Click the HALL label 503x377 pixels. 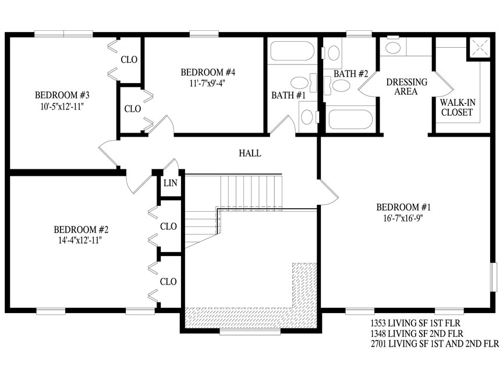[x=250, y=153]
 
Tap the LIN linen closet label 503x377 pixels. [x=171, y=183]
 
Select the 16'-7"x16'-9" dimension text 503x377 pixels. [x=403, y=218]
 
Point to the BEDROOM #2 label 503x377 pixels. [x=81, y=230]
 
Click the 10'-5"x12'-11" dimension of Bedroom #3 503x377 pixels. [x=62, y=106]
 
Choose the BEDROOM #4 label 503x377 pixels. [x=208, y=73]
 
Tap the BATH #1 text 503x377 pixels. [x=288, y=95]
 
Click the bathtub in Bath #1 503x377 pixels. [x=292, y=51]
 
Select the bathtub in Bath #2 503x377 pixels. [x=350, y=119]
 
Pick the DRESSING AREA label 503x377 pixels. [x=406, y=87]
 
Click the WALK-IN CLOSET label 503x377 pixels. [x=458, y=108]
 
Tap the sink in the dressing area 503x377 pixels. [x=392, y=48]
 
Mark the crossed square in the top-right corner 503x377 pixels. [x=480, y=48]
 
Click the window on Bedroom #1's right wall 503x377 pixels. [x=493, y=278]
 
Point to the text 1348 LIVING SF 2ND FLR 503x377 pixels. [x=417, y=333]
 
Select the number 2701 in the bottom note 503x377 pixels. [x=378, y=344]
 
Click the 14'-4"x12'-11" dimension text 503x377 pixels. [x=80, y=240]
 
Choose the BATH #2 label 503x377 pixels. [x=350, y=74]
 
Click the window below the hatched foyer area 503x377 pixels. [x=250, y=332]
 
